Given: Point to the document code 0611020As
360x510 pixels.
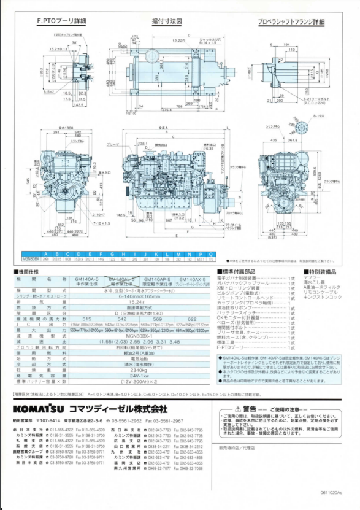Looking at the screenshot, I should [x=331, y=492].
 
